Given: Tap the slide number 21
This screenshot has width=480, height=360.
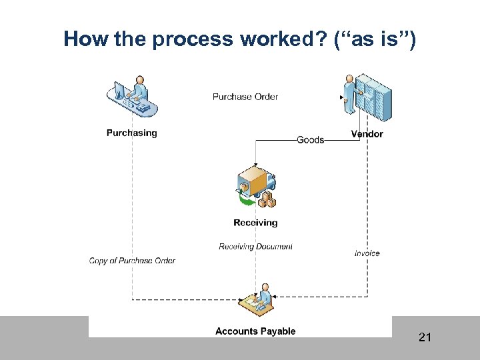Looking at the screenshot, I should [x=425, y=338].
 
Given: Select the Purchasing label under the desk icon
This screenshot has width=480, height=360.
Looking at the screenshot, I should [x=131, y=133].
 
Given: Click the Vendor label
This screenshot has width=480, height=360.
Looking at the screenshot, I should [x=367, y=134].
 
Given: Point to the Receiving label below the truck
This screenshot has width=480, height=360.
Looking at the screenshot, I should [x=255, y=223].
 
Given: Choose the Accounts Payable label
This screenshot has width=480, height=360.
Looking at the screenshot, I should [x=255, y=331].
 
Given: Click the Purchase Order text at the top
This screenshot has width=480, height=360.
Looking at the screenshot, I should [x=245, y=97].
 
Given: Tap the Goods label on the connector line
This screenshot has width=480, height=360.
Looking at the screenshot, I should [x=310, y=140].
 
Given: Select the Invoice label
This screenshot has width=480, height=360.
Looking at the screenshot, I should [x=367, y=253].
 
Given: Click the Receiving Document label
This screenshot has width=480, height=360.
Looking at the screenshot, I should [x=255, y=247].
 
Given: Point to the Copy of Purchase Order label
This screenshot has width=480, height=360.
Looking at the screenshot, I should [x=132, y=261].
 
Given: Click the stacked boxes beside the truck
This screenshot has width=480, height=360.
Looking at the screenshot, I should [x=268, y=200].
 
